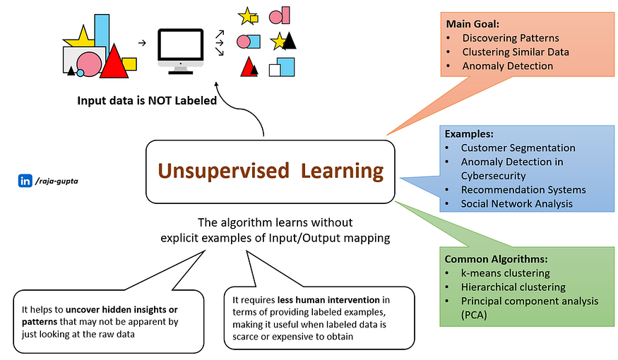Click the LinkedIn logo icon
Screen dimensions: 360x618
[x=25, y=181]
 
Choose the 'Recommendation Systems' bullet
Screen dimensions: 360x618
[x=523, y=190]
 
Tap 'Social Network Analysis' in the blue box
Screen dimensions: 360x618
[x=516, y=204]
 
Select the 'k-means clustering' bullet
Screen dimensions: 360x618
[x=505, y=273]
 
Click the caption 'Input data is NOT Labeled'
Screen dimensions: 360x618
[x=147, y=101]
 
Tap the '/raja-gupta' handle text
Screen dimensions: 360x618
[x=58, y=181]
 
